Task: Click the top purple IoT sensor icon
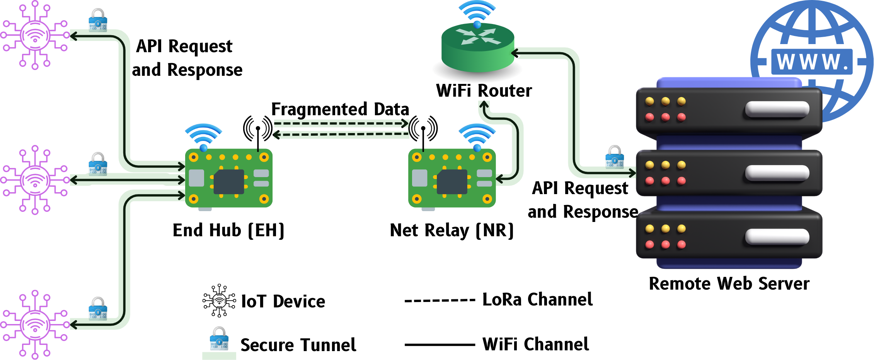(35, 35)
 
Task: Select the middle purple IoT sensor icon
(35, 180)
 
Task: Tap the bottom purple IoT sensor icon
(35, 325)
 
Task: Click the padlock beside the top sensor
(98, 21)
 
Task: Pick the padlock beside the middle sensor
(98, 165)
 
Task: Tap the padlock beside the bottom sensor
(98, 309)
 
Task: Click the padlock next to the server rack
(614, 157)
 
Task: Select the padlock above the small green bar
(219, 339)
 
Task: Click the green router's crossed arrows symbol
(478, 36)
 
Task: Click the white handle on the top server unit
(777, 109)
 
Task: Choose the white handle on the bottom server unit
(777, 237)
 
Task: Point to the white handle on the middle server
(777, 173)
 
